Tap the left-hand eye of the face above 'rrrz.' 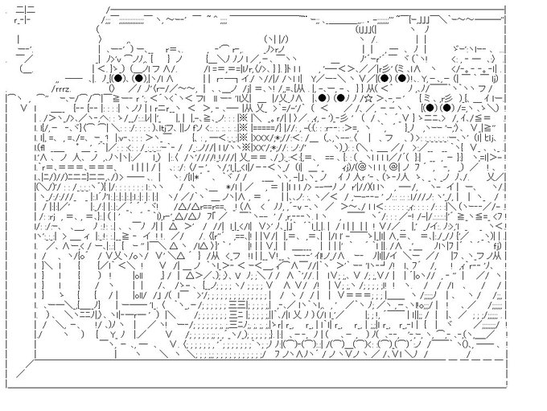pyautogui.click(x=117, y=78)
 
